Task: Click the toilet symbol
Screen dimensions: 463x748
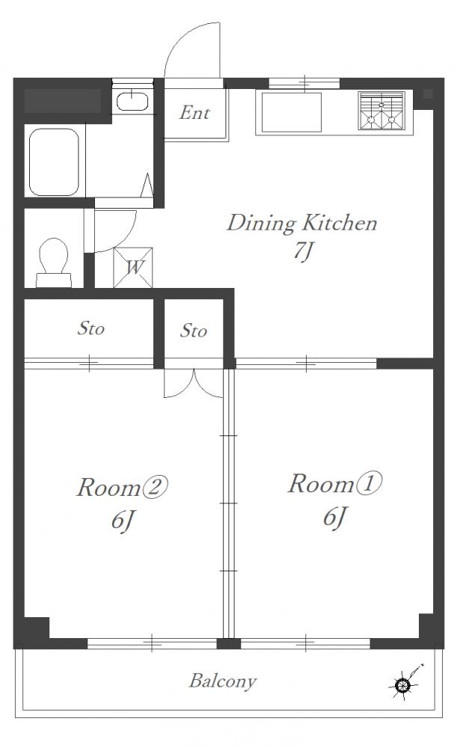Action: pyautogui.click(x=53, y=263)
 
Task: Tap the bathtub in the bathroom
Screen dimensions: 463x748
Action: pyautogui.click(x=54, y=162)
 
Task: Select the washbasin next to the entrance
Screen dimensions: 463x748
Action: pyautogui.click(x=132, y=101)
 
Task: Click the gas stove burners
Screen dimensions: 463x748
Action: pyautogui.click(x=381, y=111)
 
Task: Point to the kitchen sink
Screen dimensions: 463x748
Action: pyautogui.click(x=291, y=113)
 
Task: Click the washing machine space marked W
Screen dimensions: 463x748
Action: pyautogui.click(x=133, y=268)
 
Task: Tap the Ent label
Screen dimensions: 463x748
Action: pyautogui.click(x=194, y=113)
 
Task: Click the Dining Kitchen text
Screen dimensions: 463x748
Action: pyautogui.click(x=302, y=224)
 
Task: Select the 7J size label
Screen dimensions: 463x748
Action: pyautogui.click(x=302, y=251)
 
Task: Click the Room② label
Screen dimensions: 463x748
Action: pyautogui.click(x=123, y=488)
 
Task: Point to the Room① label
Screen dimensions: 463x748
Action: pyautogui.click(x=334, y=484)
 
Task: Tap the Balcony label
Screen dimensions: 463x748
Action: pyautogui.click(x=223, y=681)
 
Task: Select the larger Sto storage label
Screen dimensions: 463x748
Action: pyautogui.click(x=91, y=328)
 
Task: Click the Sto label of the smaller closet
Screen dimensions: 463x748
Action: pyautogui.click(x=193, y=331)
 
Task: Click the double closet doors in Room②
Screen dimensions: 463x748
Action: pyautogui.click(x=194, y=383)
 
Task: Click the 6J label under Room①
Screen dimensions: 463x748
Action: pyautogui.click(x=334, y=517)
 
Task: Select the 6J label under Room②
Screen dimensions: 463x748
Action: pyautogui.click(x=122, y=521)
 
